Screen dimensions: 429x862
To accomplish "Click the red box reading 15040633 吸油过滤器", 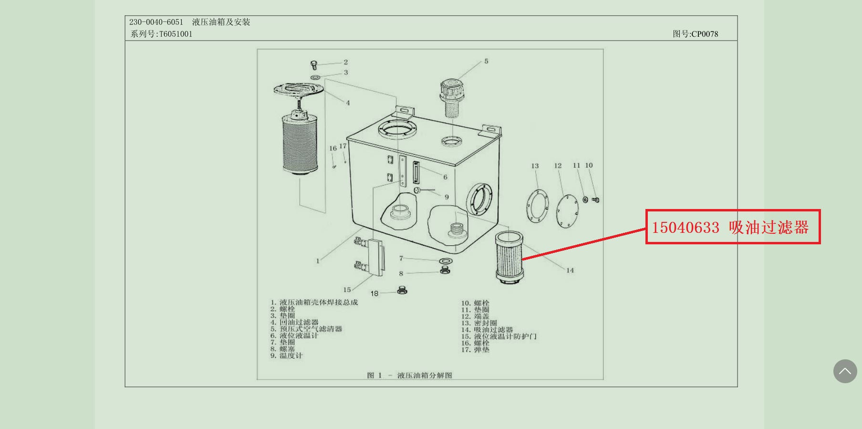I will point(732,227).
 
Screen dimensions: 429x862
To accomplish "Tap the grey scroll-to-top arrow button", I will point(845,371).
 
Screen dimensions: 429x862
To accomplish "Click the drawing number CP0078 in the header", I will point(704,34).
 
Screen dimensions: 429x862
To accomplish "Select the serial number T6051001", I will point(176,34).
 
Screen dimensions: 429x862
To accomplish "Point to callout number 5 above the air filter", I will point(486,61).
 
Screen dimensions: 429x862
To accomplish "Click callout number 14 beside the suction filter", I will point(570,270).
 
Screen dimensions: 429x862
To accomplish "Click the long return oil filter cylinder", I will point(300,143).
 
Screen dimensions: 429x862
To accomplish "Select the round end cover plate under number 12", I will point(567,211).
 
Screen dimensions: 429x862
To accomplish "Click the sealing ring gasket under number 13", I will point(538,206).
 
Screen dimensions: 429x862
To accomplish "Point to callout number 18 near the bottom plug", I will point(374,293).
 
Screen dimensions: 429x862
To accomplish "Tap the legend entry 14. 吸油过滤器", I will point(487,330).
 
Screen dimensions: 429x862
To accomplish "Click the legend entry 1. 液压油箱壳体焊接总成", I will point(314,303).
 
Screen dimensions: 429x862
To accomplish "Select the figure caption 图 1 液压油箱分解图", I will point(410,376).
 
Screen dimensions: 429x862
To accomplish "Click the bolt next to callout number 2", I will point(314,64).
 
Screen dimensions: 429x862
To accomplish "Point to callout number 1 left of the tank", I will point(318,261).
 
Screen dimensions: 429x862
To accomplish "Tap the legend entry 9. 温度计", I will point(287,356).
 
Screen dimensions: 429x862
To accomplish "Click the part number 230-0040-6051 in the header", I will point(156,22).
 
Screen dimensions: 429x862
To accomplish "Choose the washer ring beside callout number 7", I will point(446,261).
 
